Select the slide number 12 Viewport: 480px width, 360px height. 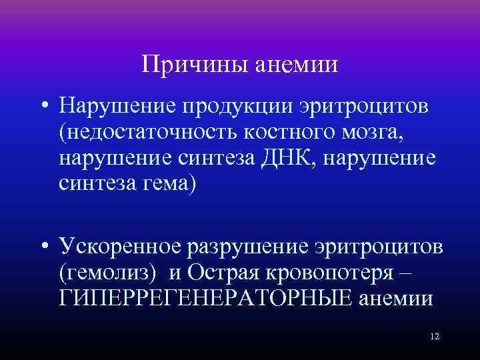(x=435, y=337)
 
